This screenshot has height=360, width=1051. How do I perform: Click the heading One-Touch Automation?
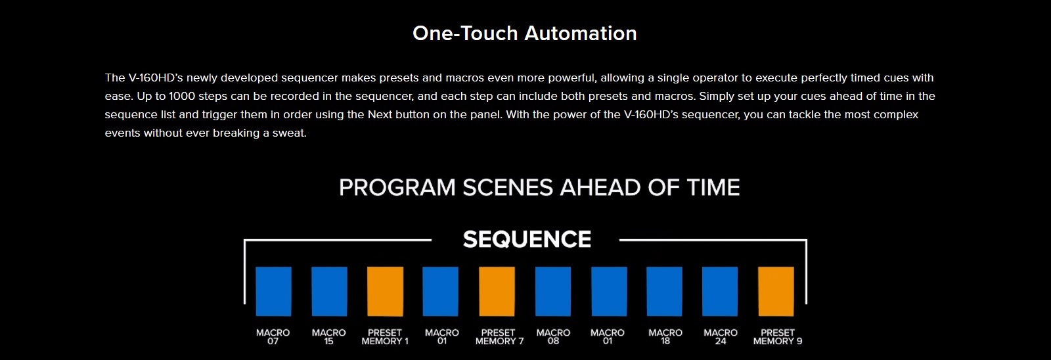525,34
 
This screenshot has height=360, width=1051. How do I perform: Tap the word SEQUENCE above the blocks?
527,239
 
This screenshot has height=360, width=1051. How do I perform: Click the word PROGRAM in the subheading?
397,187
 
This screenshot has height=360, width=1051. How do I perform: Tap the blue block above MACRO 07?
273,292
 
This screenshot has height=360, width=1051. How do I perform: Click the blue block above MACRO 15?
329,292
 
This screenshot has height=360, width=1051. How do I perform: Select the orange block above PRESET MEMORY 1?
385,292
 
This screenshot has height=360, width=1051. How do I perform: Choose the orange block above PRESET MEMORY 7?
497,292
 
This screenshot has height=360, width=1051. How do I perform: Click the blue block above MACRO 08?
553,292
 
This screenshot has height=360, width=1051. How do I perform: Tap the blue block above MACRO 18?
664,292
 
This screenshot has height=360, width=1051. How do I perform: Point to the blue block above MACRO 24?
720,292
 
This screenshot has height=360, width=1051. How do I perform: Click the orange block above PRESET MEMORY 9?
776,292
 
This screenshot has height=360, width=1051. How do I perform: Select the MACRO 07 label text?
273,336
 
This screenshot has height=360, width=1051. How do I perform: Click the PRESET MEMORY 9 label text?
778,336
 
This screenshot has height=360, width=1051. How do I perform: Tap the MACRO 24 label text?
721,336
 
